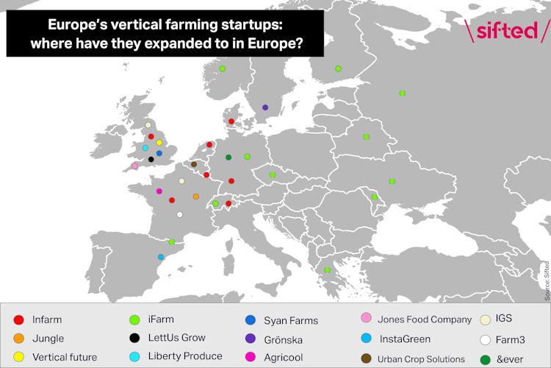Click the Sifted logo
pos(508,32)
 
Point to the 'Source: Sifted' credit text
pos(547,280)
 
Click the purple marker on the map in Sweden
pos(265,107)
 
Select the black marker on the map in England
pos(151,159)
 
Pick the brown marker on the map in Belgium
pos(194,164)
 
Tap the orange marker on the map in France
pos(195,197)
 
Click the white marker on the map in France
pos(180,215)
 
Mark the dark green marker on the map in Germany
pos(228,157)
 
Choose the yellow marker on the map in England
pos(159,142)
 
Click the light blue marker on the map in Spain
pos(161,257)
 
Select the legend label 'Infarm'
pos(47,320)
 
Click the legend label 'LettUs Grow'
pos(176,339)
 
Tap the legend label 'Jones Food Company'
pos(425,320)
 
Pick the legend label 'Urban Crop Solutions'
pos(422,359)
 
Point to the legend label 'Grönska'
pos(283,340)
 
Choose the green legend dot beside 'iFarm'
pos(134,320)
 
